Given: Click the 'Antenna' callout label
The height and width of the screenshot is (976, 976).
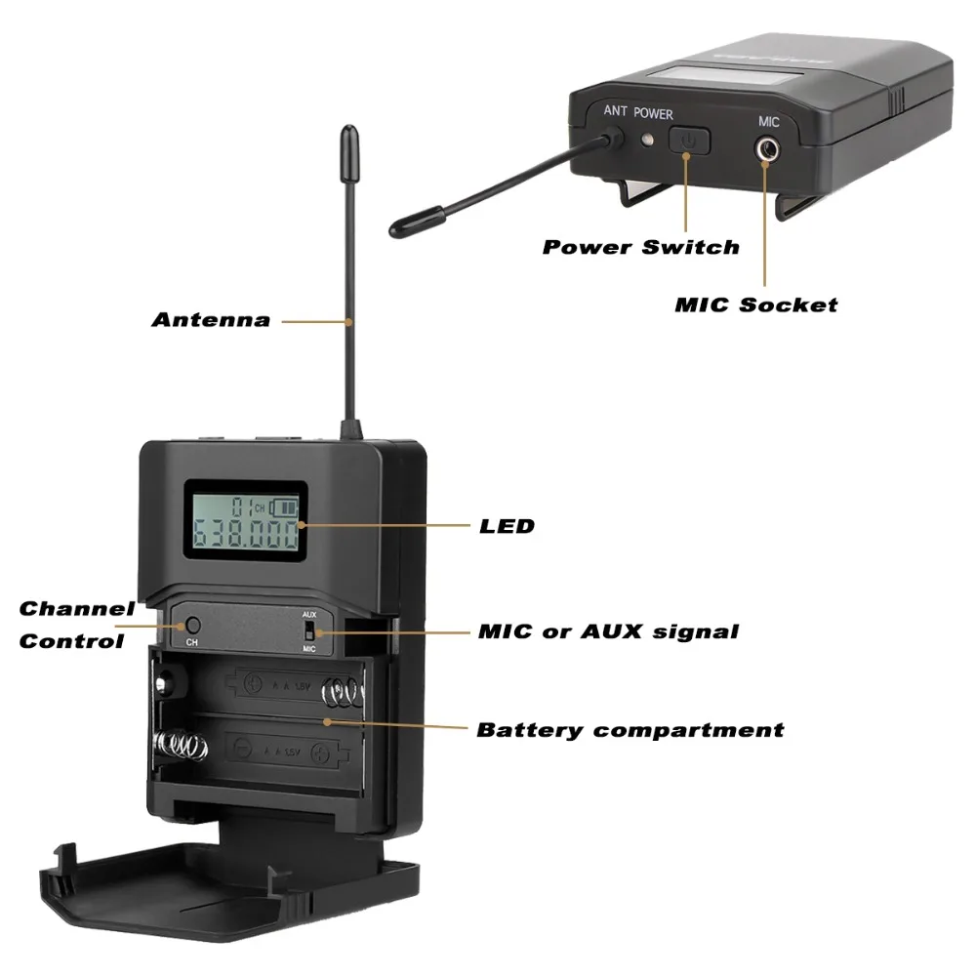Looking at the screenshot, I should click(x=211, y=320).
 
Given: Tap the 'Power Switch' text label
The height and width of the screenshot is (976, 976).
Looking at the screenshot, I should click(x=640, y=247).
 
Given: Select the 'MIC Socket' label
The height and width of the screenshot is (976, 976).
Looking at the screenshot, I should click(x=755, y=305).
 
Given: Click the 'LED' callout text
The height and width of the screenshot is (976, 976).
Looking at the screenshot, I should click(x=507, y=526).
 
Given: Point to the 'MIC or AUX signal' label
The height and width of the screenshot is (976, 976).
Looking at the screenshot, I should click(x=607, y=631).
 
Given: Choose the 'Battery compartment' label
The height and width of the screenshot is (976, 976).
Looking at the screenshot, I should click(x=630, y=730).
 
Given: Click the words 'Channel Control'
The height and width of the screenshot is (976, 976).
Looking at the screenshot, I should click(x=76, y=625).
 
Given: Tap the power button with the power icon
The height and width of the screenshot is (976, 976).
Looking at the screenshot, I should click(x=689, y=141).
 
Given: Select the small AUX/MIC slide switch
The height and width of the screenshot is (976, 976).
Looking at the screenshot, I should click(x=310, y=630).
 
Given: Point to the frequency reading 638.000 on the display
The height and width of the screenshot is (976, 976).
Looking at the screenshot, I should click(x=246, y=535).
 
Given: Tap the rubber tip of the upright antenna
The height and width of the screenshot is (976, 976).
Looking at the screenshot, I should click(x=347, y=146).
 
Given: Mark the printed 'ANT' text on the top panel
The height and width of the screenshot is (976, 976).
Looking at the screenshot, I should click(x=615, y=111).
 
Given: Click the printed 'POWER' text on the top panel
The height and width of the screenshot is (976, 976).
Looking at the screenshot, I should click(x=653, y=113).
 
